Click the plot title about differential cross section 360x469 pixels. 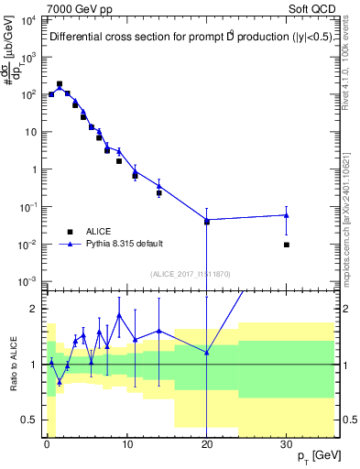(x=180, y=38)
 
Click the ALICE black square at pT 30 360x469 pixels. (x=287, y=245)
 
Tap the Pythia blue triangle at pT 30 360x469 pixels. (x=287, y=215)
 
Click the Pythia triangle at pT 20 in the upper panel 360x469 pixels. (x=207, y=221)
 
